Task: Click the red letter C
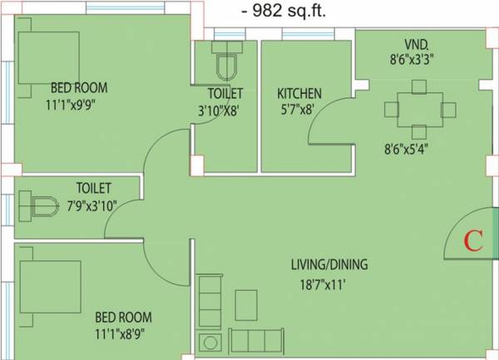tap(472, 241)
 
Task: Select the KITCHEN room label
tap(299, 93)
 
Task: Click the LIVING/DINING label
tap(329, 265)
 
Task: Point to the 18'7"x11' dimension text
tap(329, 284)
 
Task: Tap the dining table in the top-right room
tap(420, 109)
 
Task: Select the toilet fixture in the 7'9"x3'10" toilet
tap(37, 204)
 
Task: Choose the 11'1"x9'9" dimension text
tap(80, 106)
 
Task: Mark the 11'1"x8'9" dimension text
tap(123, 333)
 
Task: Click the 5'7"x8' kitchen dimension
tap(299, 108)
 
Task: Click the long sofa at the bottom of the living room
tap(258, 341)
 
